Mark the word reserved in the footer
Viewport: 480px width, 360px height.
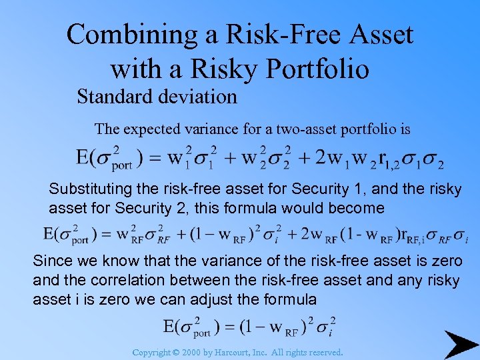click(x=322, y=352)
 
